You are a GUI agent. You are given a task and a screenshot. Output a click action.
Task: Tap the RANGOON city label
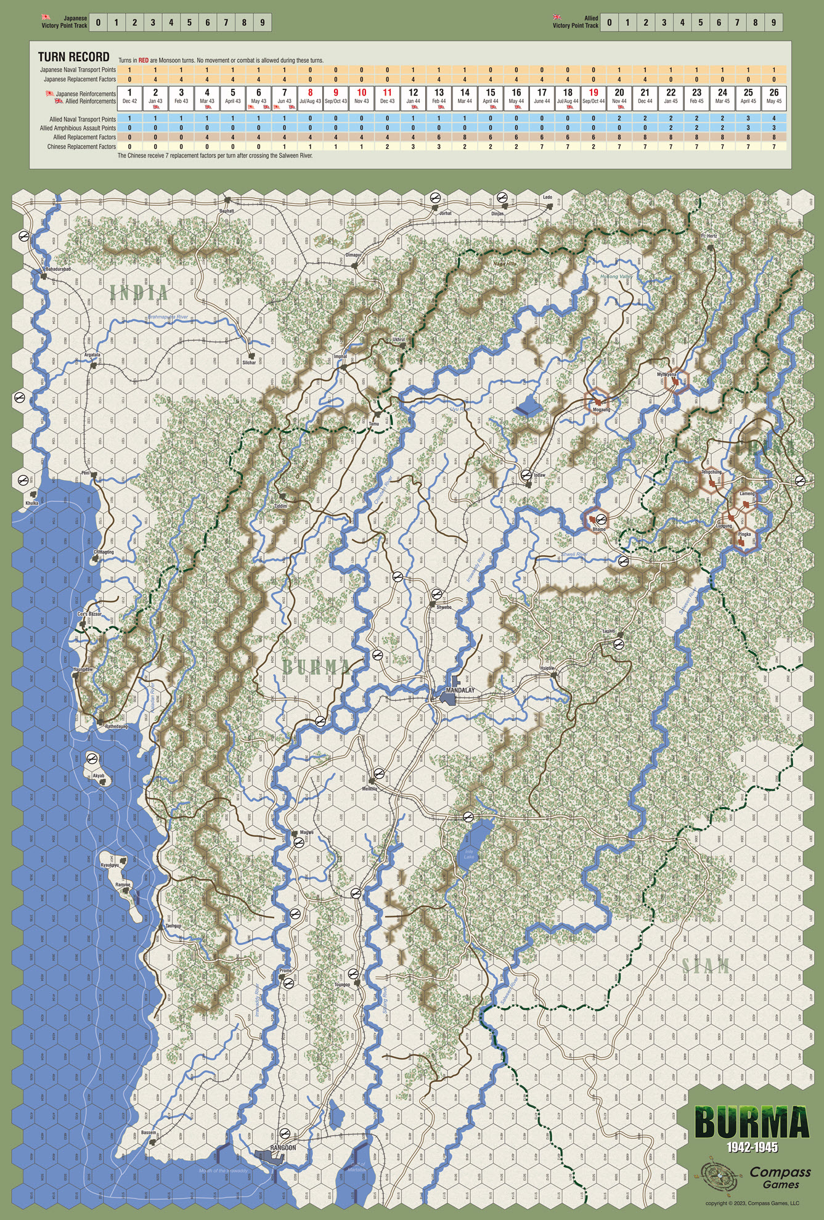tap(283, 1147)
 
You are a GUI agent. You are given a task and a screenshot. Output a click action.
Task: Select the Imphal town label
tap(340, 356)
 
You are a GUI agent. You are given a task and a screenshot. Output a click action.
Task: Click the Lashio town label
tap(609, 632)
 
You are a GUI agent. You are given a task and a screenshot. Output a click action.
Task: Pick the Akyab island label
tap(99, 776)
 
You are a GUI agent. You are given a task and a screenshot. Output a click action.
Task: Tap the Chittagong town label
tap(104, 552)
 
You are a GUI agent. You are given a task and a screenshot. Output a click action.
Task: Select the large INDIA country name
tap(139, 293)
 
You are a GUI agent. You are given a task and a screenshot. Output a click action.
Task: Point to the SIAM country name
tap(706, 966)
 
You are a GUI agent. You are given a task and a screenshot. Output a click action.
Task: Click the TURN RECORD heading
tap(74, 57)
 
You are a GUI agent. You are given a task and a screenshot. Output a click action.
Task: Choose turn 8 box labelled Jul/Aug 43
tap(310, 96)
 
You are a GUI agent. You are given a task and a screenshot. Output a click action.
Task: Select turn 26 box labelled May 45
tap(774, 96)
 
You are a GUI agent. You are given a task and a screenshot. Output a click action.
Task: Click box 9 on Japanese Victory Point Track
tap(262, 23)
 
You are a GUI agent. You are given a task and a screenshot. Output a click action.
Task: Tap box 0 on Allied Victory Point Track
tap(609, 23)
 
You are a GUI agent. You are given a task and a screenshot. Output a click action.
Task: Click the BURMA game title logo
tap(751, 1123)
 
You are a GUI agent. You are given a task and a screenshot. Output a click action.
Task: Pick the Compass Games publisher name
tap(780, 1177)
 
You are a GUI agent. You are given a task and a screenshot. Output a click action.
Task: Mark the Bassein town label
tap(149, 1133)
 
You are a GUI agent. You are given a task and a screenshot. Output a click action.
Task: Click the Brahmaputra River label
tap(168, 317)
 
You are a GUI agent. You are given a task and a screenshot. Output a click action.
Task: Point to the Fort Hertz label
tap(709, 236)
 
